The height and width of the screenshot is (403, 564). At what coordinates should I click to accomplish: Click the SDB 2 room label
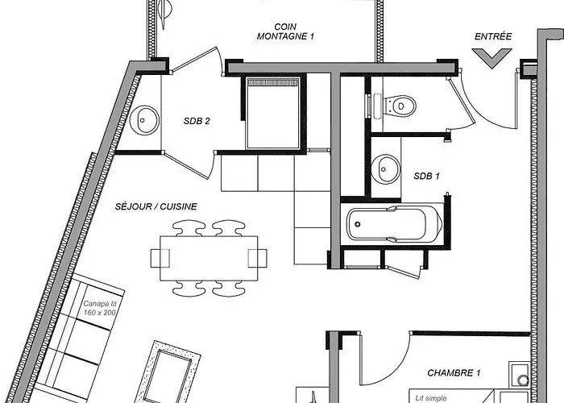197,121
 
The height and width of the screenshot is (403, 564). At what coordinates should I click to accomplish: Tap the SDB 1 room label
426,176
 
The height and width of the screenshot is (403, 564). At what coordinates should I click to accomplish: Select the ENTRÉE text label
493,36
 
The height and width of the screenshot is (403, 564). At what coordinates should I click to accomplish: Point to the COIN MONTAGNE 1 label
285,31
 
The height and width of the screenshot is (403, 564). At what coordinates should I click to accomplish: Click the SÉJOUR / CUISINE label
156,206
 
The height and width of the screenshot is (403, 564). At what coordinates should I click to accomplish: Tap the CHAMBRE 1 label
454,373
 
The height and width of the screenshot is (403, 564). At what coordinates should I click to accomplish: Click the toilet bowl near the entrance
400,106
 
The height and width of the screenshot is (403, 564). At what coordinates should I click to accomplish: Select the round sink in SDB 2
144,120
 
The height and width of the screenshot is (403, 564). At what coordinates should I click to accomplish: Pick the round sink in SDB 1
385,169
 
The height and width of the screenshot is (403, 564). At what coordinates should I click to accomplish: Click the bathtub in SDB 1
394,224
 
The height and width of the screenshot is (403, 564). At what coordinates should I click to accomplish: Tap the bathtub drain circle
357,224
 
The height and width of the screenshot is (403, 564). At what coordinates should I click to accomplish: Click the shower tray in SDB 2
273,113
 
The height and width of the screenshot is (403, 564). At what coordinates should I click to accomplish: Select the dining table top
209,259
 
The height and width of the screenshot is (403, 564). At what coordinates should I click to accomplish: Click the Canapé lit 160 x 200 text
100,309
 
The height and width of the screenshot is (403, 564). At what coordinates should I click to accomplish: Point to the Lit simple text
431,398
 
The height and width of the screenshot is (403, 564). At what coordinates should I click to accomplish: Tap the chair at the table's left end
160,259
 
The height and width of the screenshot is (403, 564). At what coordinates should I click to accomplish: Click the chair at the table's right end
258,259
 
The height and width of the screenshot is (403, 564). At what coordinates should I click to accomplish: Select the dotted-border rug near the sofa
168,372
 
